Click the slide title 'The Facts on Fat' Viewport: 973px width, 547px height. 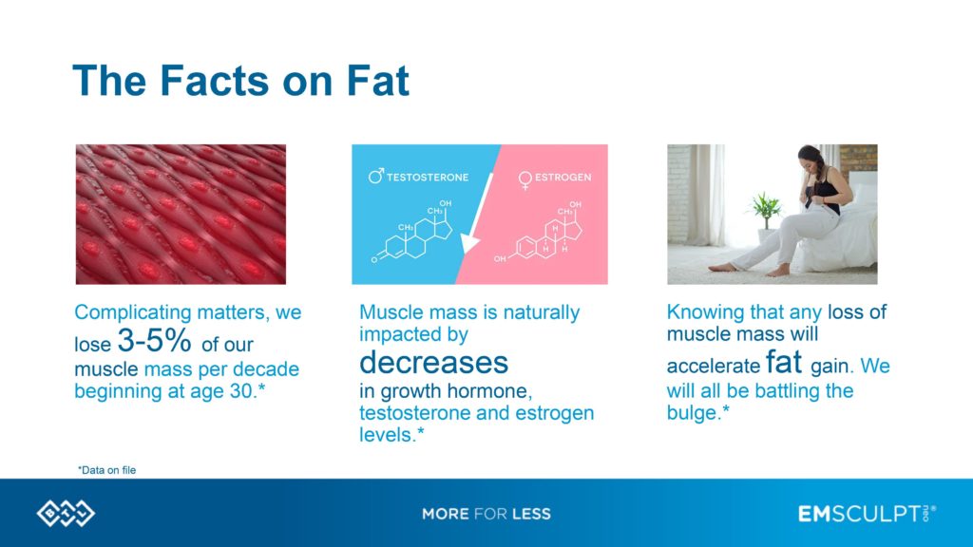pyautogui.click(x=240, y=81)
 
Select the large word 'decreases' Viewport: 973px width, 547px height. pyautogui.click(x=433, y=362)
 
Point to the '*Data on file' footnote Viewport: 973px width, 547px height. pyautogui.click(x=106, y=469)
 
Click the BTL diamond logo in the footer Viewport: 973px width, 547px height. pyautogui.click(x=66, y=514)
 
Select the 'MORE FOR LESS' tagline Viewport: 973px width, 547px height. pyautogui.click(x=486, y=514)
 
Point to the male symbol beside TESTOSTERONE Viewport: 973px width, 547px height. pyautogui.click(x=375, y=177)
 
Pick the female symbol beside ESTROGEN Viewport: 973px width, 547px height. pyautogui.click(x=524, y=178)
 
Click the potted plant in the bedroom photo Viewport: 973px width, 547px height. pyautogui.click(x=765, y=211)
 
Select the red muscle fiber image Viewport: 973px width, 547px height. pyautogui.click(x=181, y=214)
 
